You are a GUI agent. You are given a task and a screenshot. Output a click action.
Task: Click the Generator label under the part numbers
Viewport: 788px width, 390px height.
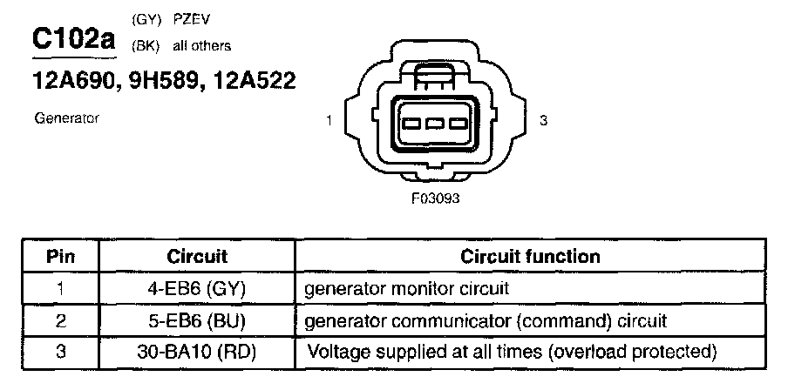[66, 118]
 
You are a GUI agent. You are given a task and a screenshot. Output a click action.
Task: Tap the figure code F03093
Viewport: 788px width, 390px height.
[435, 198]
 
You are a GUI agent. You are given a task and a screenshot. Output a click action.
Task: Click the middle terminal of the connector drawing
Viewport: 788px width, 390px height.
[436, 123]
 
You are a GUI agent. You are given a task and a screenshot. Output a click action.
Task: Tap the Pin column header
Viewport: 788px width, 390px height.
[61, 257]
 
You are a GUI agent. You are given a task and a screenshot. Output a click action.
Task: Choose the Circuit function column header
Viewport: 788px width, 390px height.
[530, 257]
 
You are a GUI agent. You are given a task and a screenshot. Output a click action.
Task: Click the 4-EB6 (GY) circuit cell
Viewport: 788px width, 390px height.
[197, 287]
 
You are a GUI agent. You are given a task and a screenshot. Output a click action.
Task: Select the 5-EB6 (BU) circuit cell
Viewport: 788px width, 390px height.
[197, 319]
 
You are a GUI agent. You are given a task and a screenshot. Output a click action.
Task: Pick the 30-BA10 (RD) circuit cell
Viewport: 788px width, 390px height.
[197, 352]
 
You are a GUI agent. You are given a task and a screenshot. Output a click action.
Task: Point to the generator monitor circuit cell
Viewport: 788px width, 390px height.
[405, 287]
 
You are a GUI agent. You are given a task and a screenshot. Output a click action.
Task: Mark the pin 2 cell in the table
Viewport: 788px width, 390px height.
[61, 319]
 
